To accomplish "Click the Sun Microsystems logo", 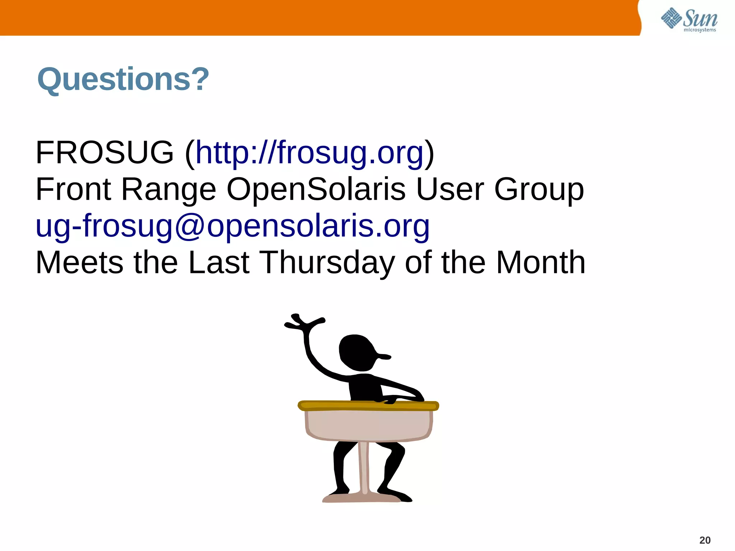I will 689,20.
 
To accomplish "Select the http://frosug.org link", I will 309,153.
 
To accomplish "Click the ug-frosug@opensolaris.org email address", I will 233,226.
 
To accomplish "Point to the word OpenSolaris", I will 316,189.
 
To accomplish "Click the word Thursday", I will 327,263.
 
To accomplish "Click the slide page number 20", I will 705,540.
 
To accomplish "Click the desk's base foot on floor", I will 362,498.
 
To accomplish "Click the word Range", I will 169,190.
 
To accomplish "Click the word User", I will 450,189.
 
